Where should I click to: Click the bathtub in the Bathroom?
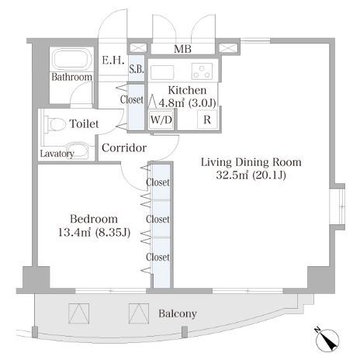[72, 59]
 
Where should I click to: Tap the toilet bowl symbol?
[56, 124]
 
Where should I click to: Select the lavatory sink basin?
[77, 150]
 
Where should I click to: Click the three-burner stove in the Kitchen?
[202, 71]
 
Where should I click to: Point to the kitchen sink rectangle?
[162, 72]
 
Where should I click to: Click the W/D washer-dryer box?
[161, 119]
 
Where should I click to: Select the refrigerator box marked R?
[207, 119]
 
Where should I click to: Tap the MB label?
[182, 49]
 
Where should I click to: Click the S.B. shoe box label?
[137, 69]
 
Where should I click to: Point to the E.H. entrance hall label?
[113, 61]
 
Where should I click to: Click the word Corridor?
[124, 148]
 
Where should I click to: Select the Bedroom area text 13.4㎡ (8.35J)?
[94, 233]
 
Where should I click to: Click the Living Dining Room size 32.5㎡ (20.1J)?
[251, 175]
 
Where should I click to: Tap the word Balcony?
[178, 313]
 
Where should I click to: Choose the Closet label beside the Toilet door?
[132, 99]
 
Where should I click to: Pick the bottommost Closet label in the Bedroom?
[157, 257]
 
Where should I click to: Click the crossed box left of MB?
[138, 48]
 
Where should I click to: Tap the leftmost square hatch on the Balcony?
[79, 313]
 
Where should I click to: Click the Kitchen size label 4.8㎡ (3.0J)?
[187, 103]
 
